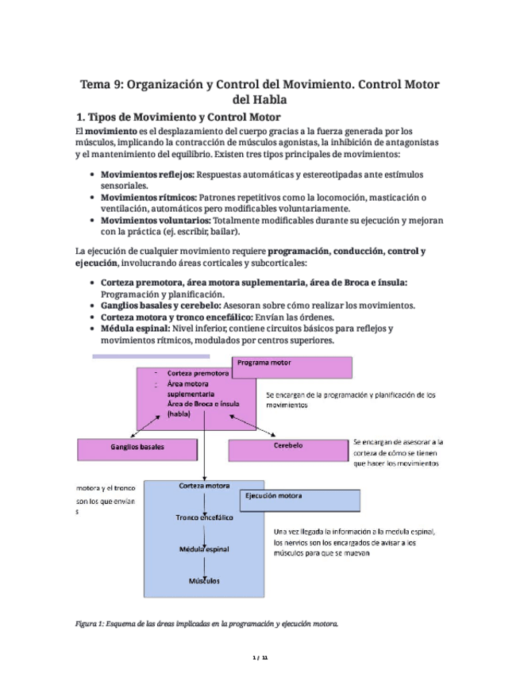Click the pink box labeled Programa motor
click(x=291, y=368)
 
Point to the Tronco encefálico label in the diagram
click(x=204, y=517)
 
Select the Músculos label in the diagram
click(x=204, y=581)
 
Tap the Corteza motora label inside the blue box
click(x=204, y=485)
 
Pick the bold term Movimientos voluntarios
click(x=155, y=220)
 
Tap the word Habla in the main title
click(x=260, y=99)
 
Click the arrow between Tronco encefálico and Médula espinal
click(x=206, y=533)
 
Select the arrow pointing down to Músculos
click(x=206, y=565)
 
